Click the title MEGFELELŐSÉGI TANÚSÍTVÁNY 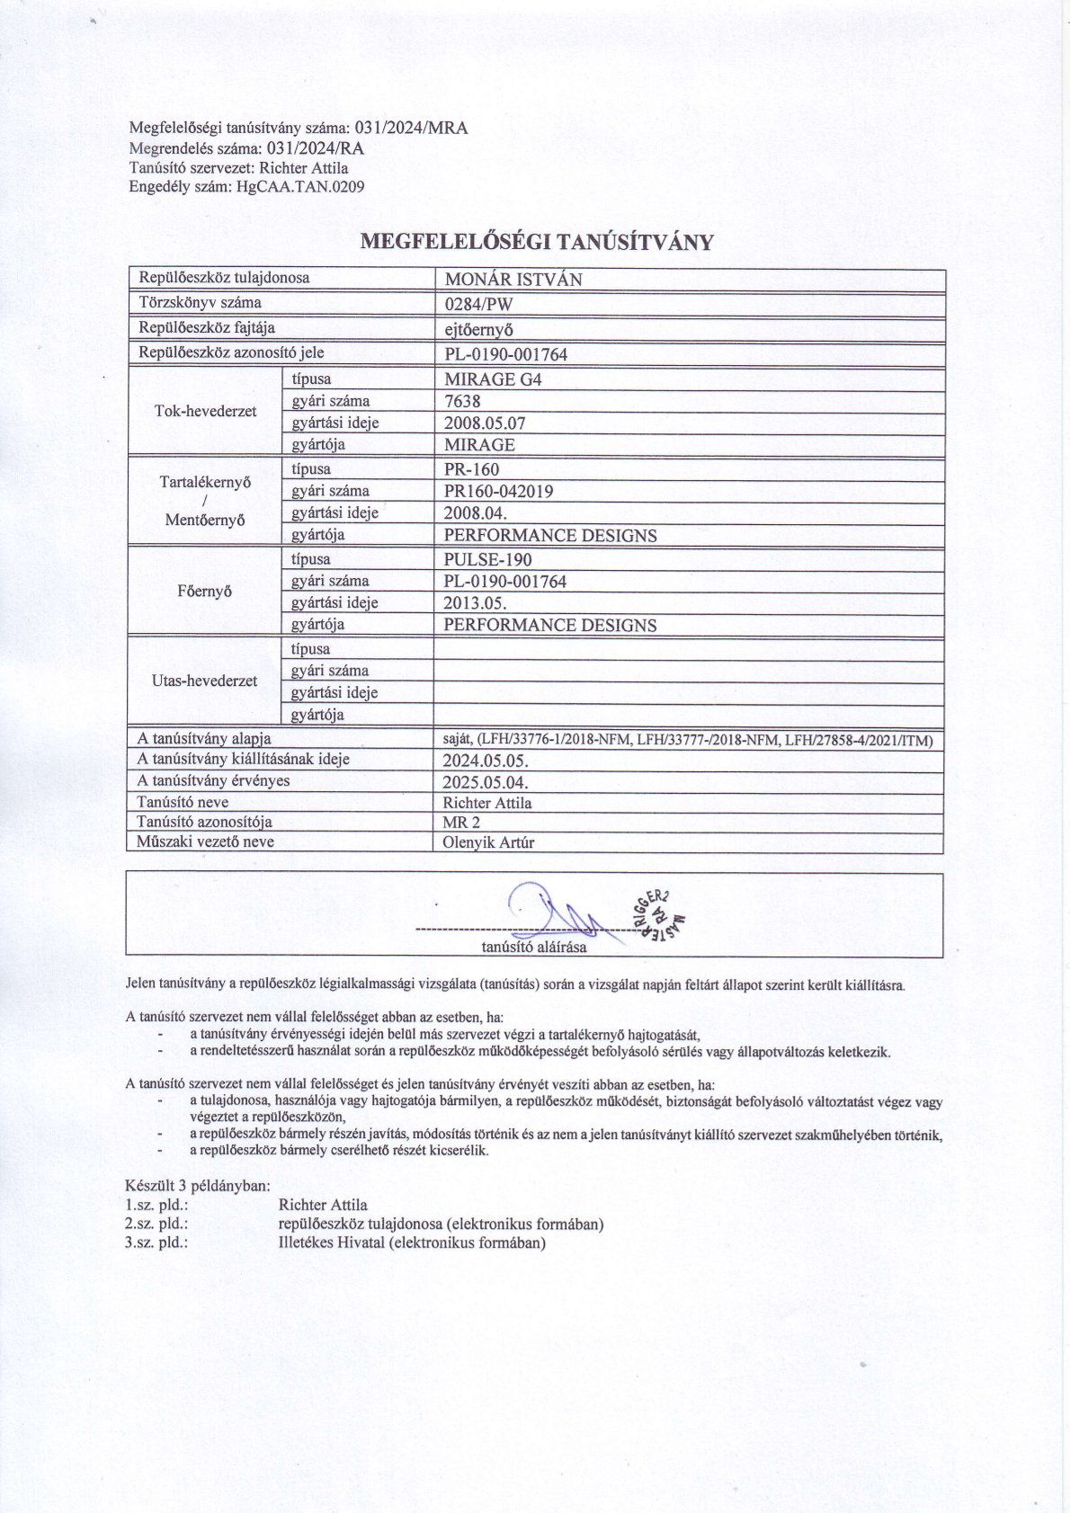(x=537, y=242)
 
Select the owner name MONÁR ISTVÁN (x=513, y=280)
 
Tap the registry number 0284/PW (x=478, y=304)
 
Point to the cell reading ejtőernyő (x=478, y=329)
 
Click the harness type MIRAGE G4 (x=493, y=379)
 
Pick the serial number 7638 (x=462, y=402)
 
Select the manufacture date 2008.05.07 (x=485, y=423)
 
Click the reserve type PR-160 (x=471, y=469)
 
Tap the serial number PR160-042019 (x=498, y=492)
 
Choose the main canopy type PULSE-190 (x=487, y=559)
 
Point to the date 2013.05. (x=475, y=603)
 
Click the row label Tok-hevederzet (x=205, y=412)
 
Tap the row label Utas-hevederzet (x=205, y=681)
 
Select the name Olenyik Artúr (x=488, y=843)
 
